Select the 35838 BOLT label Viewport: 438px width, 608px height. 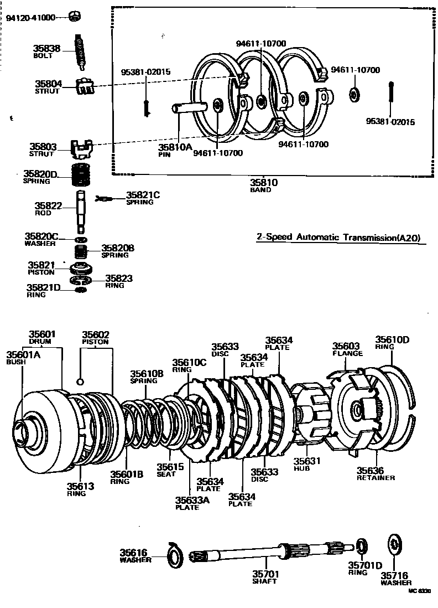pyautogui.click(x=48, y=51)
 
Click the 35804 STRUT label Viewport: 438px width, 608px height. pyautogui.click(x=48, y=87)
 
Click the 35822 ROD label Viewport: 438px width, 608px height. pyautogui.click(x=49, y=208)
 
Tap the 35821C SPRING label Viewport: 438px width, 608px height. pyautogui.click(x=143, y=198)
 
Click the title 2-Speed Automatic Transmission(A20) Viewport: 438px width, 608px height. pyautogui.click(x=338, y=238)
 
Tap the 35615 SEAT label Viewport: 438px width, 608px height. pyautogui.click(x=166, y=470)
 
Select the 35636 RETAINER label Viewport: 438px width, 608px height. pyautogui.click(x=376, y=473)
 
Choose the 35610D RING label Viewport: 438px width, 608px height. pyautogui.click(x=392, y=343)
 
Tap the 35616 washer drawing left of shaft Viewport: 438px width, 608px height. pyautogui.click(x=175, y=554)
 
